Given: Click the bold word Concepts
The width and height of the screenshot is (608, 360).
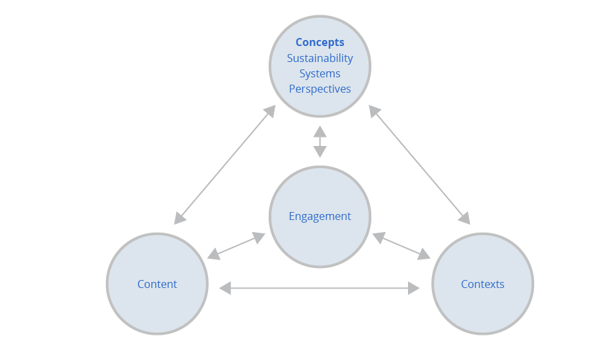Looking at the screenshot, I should (320, 43).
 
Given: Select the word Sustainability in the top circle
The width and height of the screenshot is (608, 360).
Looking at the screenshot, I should (320, 58).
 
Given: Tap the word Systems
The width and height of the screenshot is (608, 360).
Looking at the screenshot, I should (320, 73).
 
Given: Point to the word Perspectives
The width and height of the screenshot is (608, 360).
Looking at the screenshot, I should (320, 89).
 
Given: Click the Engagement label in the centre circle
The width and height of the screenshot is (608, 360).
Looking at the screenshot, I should (320, 216).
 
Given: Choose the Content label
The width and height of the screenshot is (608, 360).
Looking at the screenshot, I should (157, 284).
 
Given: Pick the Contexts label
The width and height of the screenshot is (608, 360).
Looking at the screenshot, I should (483, 284).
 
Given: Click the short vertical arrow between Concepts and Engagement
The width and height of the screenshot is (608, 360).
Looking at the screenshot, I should (320, 141).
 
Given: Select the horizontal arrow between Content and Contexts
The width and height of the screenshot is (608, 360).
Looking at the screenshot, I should (320, 288).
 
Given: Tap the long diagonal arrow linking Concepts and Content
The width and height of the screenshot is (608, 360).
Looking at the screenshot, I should (225, 165).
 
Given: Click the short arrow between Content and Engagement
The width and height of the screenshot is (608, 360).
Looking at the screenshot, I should (237, 246).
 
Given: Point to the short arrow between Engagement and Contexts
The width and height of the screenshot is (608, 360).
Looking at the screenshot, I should (401, 246).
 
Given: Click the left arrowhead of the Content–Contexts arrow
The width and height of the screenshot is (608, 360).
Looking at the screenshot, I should (225, 288).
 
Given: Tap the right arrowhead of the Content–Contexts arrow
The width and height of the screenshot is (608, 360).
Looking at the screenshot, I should (414, 288).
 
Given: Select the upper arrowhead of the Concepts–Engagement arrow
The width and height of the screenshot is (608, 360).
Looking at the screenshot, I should (320, 131).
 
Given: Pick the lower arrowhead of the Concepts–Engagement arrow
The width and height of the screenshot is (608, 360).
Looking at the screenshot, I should (320, 152).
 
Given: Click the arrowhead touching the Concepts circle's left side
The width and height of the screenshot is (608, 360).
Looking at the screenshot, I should (270, 111).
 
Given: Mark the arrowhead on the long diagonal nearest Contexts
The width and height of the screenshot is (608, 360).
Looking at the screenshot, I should (465, 219).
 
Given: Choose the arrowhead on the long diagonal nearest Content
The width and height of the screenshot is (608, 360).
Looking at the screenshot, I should (179, 219).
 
